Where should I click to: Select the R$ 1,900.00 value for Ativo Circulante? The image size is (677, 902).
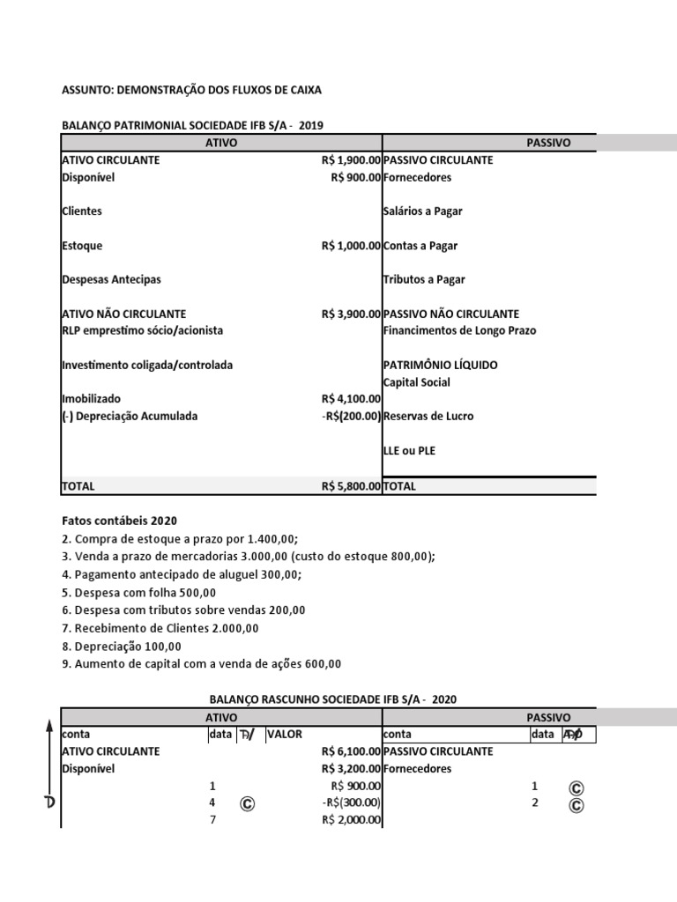351,160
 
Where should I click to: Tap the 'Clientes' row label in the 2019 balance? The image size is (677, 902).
82,211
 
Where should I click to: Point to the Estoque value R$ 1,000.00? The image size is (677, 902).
351,246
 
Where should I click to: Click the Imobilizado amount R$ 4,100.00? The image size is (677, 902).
351,399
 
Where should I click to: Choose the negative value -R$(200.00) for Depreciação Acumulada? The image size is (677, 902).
352,416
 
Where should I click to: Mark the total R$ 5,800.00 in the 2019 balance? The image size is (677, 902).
351,485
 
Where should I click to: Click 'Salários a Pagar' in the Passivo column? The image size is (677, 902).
423,211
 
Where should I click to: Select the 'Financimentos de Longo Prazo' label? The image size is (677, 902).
459,330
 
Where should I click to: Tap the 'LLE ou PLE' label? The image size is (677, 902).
409,450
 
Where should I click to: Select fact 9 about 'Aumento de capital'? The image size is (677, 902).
201,663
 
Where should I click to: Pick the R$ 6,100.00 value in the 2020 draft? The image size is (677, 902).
351,751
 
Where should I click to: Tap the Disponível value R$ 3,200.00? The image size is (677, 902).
351,768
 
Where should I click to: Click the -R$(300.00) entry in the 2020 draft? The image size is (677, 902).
352,802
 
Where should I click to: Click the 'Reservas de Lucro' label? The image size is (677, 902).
428,416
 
